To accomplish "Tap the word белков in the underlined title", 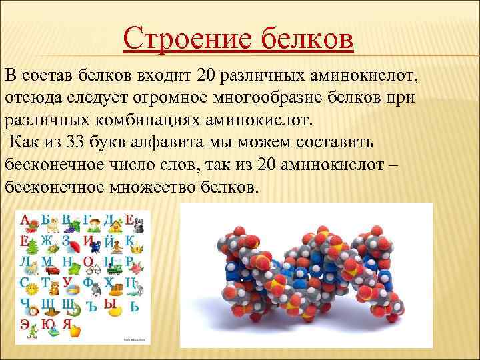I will pos(303,39).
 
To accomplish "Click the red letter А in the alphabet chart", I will pos(25,221).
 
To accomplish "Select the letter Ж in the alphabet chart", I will pos(45,241).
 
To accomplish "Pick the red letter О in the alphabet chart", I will pos(88,262).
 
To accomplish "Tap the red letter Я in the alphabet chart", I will pos(67,324).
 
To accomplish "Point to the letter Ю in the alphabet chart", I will pos(47,324).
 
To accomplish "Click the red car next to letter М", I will pos(53,270).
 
